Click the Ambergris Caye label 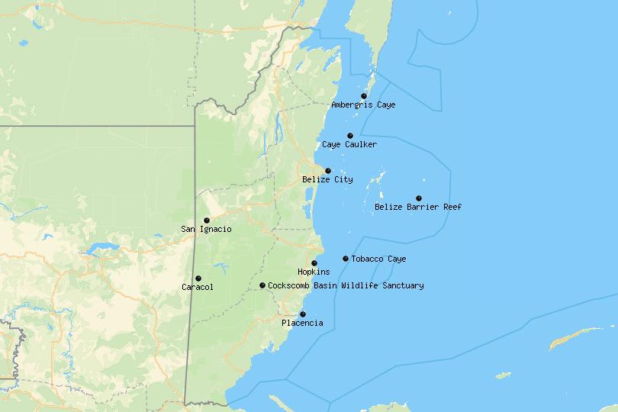363,105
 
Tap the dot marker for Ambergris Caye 364,96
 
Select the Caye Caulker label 349,145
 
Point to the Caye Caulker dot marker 350,136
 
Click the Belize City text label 327,180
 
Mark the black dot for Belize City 328,171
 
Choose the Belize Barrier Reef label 418,207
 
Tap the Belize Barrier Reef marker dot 419,198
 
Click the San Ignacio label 206,230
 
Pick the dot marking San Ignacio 207,220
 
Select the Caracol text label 198,288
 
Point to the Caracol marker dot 198,278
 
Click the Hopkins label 314,272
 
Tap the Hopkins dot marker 314,263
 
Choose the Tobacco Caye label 378,259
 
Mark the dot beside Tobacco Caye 346,259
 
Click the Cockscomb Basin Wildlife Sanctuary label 346,286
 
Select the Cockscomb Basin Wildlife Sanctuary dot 262,285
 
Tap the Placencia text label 302,323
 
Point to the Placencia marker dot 303,314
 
